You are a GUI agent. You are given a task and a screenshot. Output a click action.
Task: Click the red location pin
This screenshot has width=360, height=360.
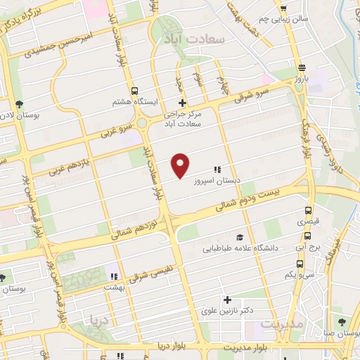click(x=181, y=165)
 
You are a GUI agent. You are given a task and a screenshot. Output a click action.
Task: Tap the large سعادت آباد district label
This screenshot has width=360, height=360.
click(x=191, y=39)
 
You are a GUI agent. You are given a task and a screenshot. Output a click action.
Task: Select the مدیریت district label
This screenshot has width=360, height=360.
click(x=281, y=324)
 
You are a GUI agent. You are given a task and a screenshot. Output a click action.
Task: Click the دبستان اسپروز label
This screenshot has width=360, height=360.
click(x=217, y=179)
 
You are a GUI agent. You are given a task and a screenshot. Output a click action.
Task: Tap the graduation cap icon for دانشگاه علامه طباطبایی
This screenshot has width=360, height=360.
click(x=240, y=238)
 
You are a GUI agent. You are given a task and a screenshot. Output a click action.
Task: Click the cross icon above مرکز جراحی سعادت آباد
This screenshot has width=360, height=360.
click(x=182, y=103)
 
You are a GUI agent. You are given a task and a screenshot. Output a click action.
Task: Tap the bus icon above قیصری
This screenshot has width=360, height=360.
click(x=308, y=210)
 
